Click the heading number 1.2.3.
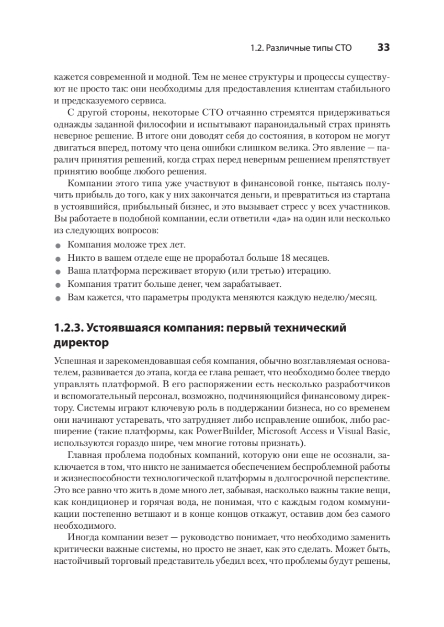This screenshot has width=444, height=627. tap(68, 329)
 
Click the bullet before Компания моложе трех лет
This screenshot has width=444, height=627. tap(58, 245)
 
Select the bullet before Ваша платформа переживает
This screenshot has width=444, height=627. tap(58, 272)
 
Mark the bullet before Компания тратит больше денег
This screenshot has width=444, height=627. tap(58, 285)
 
